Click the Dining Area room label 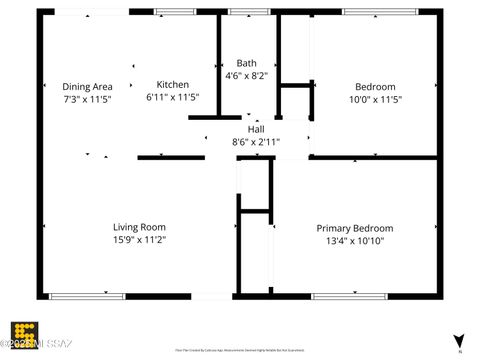click(x=87, y=86)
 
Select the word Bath click(x=246, y=62)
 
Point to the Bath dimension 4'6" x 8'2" click(x=246, y=75)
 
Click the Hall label click(x=256, y=129)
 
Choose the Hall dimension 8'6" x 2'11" click(x=256, y=142)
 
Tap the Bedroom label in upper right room click(x=375, y=87)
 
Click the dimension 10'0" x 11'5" click(x=375, y=100)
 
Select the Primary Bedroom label click(x=355, y=228)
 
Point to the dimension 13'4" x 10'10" click(x=355, y=241)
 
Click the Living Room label click(x=139, y=227)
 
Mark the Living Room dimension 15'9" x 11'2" click(x=139, y=240)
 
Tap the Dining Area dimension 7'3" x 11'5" click(x=87, y=99)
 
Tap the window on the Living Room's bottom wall click(x=87, y=296)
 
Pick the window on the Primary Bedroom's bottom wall click(x=349, y=296)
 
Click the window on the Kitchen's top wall click(x=175, y=11)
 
